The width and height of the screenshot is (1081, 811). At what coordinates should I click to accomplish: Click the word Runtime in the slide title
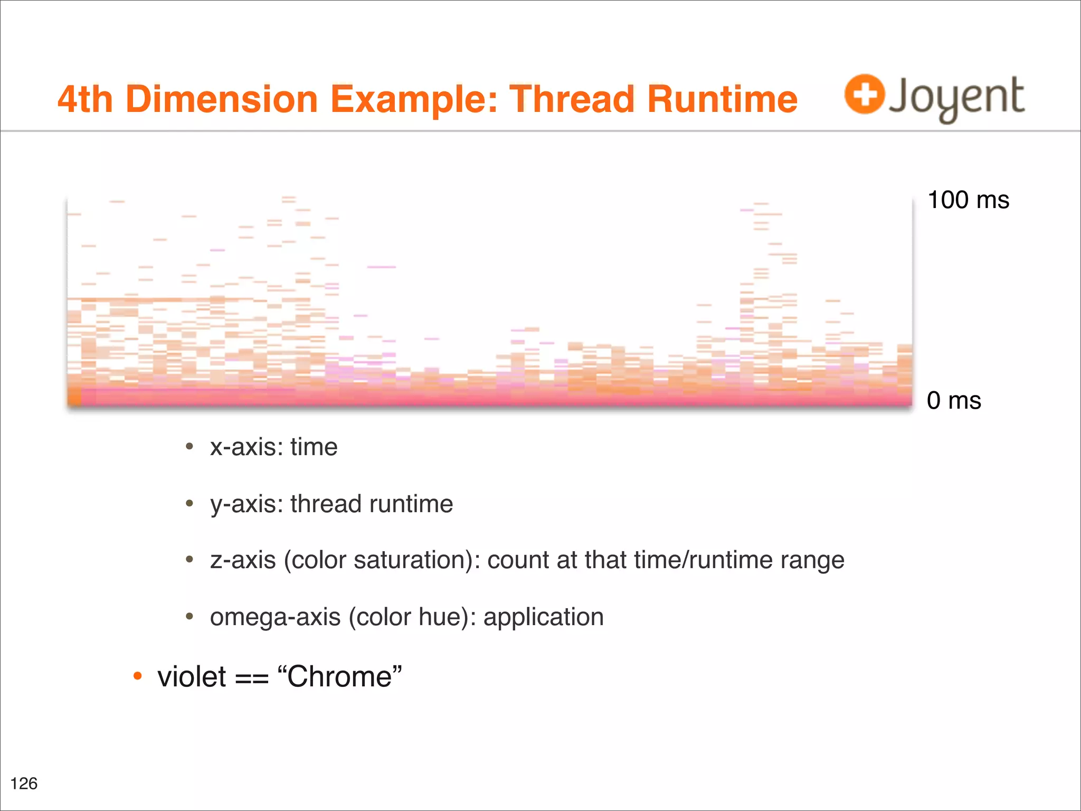click(x=722, y=99)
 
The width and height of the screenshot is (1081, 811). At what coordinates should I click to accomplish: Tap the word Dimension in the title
click(x=222, y=99)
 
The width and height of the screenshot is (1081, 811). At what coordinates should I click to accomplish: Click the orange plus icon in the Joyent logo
click(x=864, y=94)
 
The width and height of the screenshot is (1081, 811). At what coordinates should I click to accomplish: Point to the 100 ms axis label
click(x=968, y=200)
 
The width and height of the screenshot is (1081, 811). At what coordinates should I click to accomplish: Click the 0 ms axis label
click(x=953, y=400)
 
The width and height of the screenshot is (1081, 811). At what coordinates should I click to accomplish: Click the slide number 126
click(x=24, y=783)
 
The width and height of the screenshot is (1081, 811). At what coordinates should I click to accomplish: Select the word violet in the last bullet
click(x=192, y=677)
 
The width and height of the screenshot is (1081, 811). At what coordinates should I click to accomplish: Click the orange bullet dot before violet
click(x=137, y=676)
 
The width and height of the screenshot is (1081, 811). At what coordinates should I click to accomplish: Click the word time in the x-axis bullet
click(x=314, y=447)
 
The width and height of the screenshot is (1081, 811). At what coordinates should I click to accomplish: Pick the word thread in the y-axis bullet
click(x=326, y=504)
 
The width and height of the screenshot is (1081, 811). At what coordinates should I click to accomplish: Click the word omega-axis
click(x=275, y=617)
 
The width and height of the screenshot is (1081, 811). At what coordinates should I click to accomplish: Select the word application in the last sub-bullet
click(x=543, y=617)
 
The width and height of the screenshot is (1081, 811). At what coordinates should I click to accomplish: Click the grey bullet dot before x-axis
click(x=189, y=447)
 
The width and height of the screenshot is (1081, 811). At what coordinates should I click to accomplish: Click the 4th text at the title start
click(x=85, y=99)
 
